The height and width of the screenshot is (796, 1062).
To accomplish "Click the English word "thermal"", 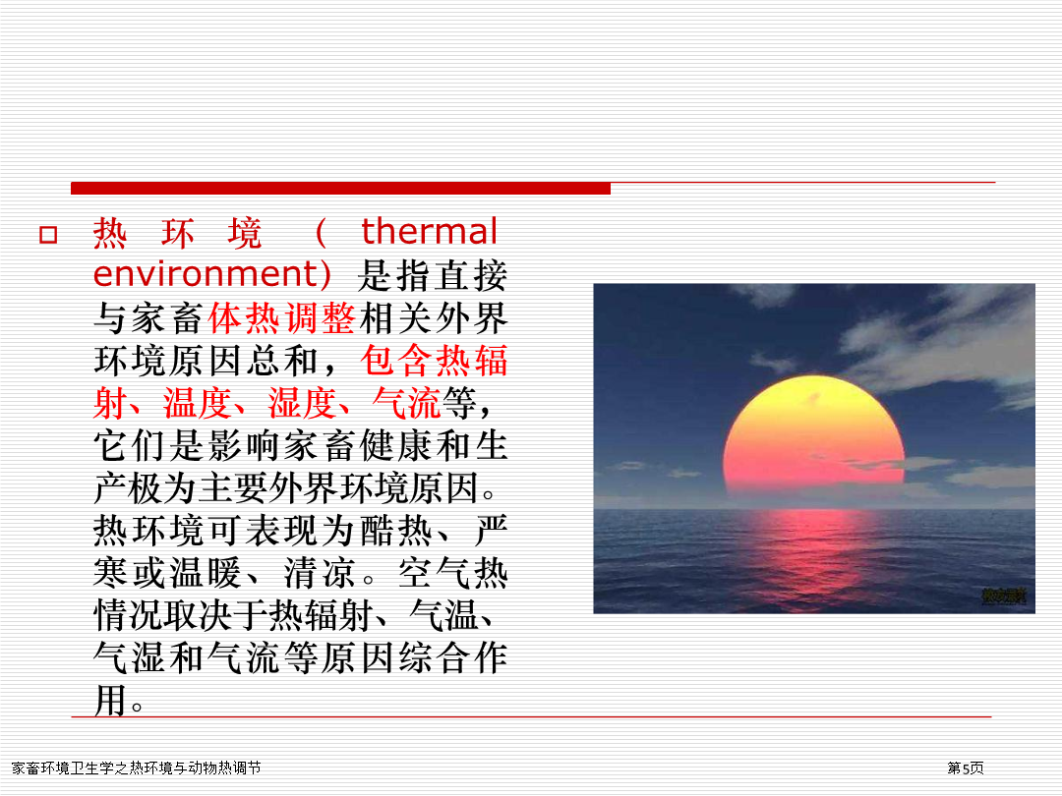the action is pos(430,232).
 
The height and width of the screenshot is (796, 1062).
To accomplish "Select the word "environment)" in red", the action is pos(212,274).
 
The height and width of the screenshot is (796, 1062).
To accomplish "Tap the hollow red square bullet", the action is pos(48,235).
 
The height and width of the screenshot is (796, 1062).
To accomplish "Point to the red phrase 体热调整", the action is pos(282,317).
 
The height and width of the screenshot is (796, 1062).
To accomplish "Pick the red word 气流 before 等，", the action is pos(406,404).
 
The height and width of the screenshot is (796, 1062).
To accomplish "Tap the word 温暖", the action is pos(206,573).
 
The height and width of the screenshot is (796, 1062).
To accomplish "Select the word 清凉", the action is pos(320,573).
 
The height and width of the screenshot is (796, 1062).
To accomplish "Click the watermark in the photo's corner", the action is pos(1004,597).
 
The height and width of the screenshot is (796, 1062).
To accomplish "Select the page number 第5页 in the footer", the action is pos(966,768).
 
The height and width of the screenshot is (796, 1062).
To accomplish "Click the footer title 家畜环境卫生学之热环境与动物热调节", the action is pos(136,768).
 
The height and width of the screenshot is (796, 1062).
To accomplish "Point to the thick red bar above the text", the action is pos(340,188).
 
